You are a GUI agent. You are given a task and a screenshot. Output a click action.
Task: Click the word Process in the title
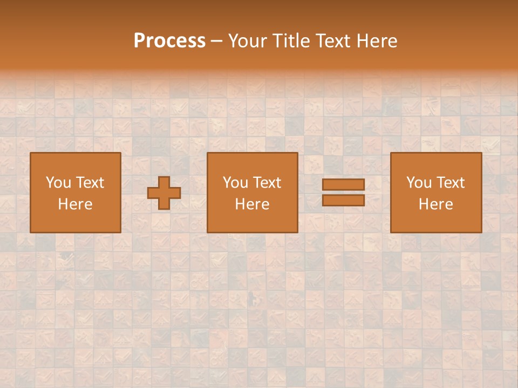click(169, 41)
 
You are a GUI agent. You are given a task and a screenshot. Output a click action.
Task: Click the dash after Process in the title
click(216, 41)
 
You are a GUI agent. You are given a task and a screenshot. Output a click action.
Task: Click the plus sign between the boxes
click(164, 193)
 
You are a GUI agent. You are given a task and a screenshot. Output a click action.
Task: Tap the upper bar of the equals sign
click(343, 184)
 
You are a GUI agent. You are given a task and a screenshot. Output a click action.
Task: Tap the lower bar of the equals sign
click(343, 200)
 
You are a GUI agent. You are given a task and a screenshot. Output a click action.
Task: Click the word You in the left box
click(58, 183)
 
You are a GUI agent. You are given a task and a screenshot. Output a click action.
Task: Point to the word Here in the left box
click(76, 204)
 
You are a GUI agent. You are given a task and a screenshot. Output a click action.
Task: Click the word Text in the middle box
click(267, 183)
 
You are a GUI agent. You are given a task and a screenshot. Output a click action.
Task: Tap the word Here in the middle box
click(253, 204)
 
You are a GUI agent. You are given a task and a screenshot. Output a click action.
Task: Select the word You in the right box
click(419, 183)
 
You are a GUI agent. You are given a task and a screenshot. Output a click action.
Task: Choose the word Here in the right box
click(436, 204)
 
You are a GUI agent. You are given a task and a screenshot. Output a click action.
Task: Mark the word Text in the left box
click(90, 183)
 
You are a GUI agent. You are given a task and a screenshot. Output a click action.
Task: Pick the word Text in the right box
click(451, 183)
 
